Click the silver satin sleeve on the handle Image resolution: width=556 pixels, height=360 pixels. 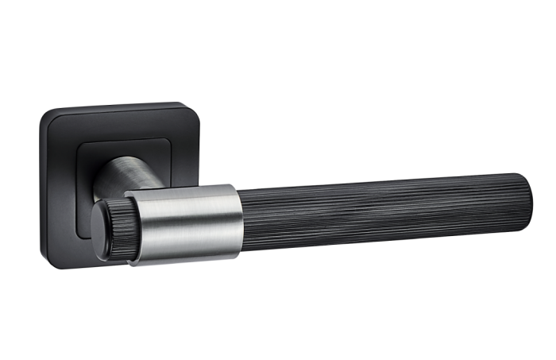coord(187,223)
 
